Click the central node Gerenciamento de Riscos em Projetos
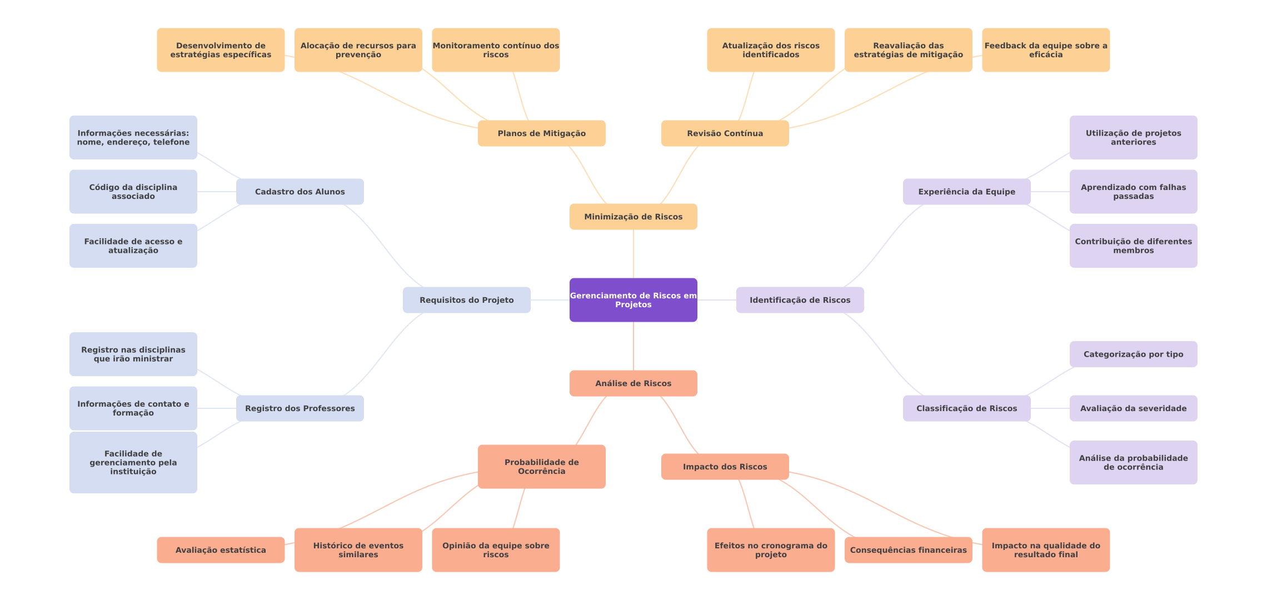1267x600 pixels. pos(633,300)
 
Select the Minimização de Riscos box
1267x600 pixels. pos(633,217)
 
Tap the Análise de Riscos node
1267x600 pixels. pos(633,383)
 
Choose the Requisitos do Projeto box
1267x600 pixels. pos(466,300)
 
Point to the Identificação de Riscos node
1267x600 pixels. pos(800,300)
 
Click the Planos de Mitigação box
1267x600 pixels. pos(541,133)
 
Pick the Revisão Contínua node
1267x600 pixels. pos(725,133)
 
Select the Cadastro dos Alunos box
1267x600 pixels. pos(300,192)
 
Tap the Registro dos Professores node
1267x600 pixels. pos(300,408)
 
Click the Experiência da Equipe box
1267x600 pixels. pos(966,192)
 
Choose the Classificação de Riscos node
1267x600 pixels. pos(966,408)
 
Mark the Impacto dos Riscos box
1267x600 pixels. pos(725,467)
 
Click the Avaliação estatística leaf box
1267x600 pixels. pos(221,550)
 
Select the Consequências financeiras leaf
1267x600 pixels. pos(908,550)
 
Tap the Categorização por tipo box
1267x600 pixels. pos(1133,354)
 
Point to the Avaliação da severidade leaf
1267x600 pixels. pos(1133,408)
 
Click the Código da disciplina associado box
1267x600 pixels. pos(133,192)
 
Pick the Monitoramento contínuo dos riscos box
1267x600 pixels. pos(496,50)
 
